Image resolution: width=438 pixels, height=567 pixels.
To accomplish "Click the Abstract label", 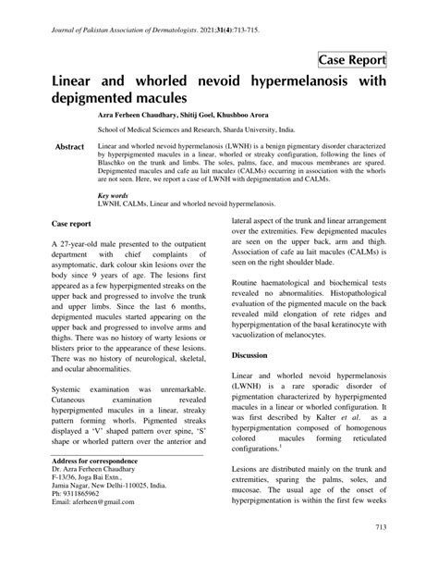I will coord(70,148).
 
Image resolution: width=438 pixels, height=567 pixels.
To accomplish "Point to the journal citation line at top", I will coord(153,31).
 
